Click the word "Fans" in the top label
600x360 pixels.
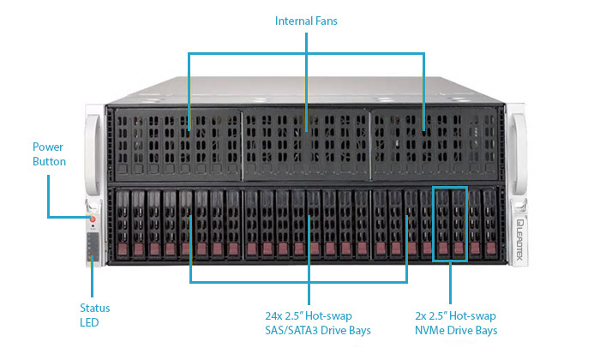click(326, 20)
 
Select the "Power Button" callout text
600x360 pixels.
click(49, 153)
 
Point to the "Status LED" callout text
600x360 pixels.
click(94, 315)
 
